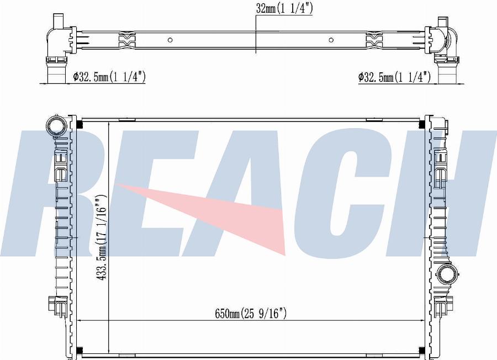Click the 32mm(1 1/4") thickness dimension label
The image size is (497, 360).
coord(284,8)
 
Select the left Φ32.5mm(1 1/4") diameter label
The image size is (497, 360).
coord(109,77)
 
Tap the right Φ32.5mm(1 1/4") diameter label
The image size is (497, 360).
coord(394,77)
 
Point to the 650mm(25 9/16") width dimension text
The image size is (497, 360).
coord(251,314)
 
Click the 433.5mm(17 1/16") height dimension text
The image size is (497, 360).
coord(102,237)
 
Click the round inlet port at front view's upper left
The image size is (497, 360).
coord(56,125)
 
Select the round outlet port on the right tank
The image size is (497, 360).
coord(447,273)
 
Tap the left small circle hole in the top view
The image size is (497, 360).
coord(170,40)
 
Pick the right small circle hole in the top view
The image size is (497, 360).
coord(331,40)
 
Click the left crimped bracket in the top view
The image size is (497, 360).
coord(127,40)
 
